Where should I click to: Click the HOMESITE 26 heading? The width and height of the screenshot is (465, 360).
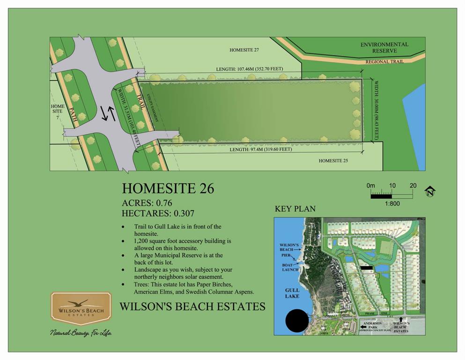[168, 188]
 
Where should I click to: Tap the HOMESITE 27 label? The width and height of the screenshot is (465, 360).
[244, 50]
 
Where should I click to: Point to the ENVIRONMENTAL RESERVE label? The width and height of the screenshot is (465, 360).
[384, 47]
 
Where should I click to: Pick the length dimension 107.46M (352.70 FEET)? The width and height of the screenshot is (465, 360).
[250, 69]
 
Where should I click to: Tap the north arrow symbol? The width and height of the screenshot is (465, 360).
[430, 191]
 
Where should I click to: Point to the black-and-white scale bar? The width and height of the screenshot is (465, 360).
[391, 193]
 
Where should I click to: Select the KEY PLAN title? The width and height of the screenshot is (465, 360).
[295, 209]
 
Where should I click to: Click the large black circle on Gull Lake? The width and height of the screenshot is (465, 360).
[297, 322]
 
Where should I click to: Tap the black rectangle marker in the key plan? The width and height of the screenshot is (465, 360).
[366, 268]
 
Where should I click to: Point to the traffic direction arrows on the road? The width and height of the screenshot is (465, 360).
[108, 113]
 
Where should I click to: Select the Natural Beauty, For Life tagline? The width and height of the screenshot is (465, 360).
[81, 333]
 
